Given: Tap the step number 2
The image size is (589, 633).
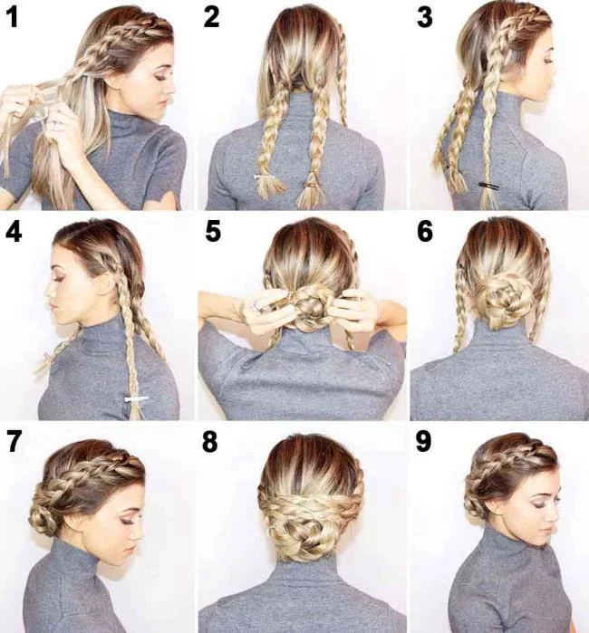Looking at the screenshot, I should (x=211, y=17).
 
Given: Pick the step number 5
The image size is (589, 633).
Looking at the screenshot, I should (x=212, y=233).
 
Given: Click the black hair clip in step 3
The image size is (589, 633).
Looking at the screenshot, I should (x=488, y=186).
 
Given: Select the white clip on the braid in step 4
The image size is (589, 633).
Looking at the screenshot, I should (x=137, y=398).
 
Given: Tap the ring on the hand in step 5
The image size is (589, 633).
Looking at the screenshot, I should (x=256, y=303).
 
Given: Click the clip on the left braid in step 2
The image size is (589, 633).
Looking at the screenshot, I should (x=263, y=178).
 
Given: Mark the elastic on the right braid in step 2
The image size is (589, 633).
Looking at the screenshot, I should (x=310, y=184).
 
